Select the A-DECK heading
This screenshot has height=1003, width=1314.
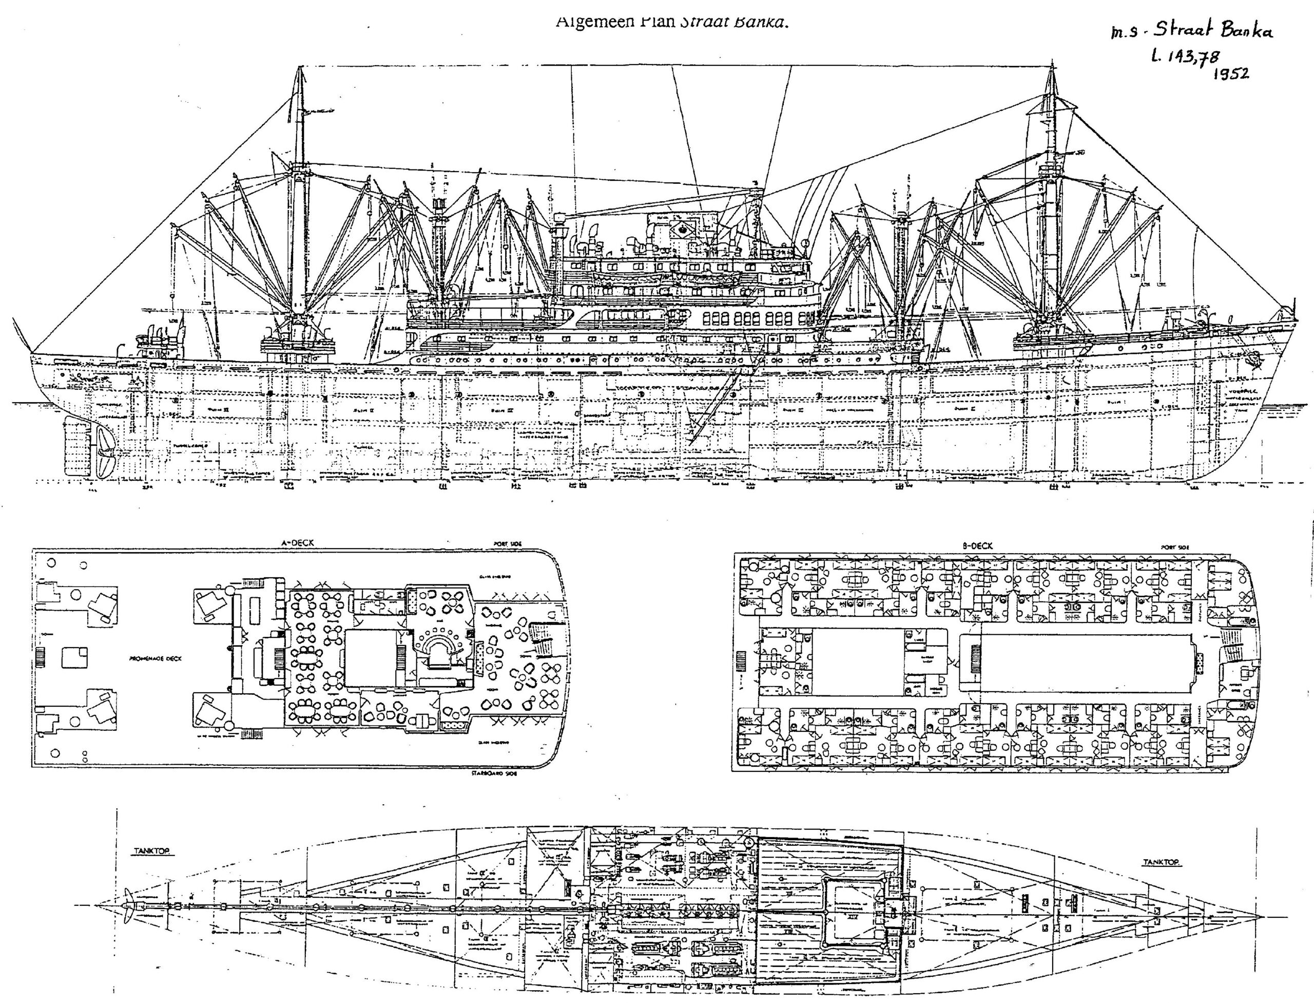(297, 543)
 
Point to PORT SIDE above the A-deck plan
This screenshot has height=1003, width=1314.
(507, 544)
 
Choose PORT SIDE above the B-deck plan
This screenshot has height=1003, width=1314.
(1175, 547)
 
